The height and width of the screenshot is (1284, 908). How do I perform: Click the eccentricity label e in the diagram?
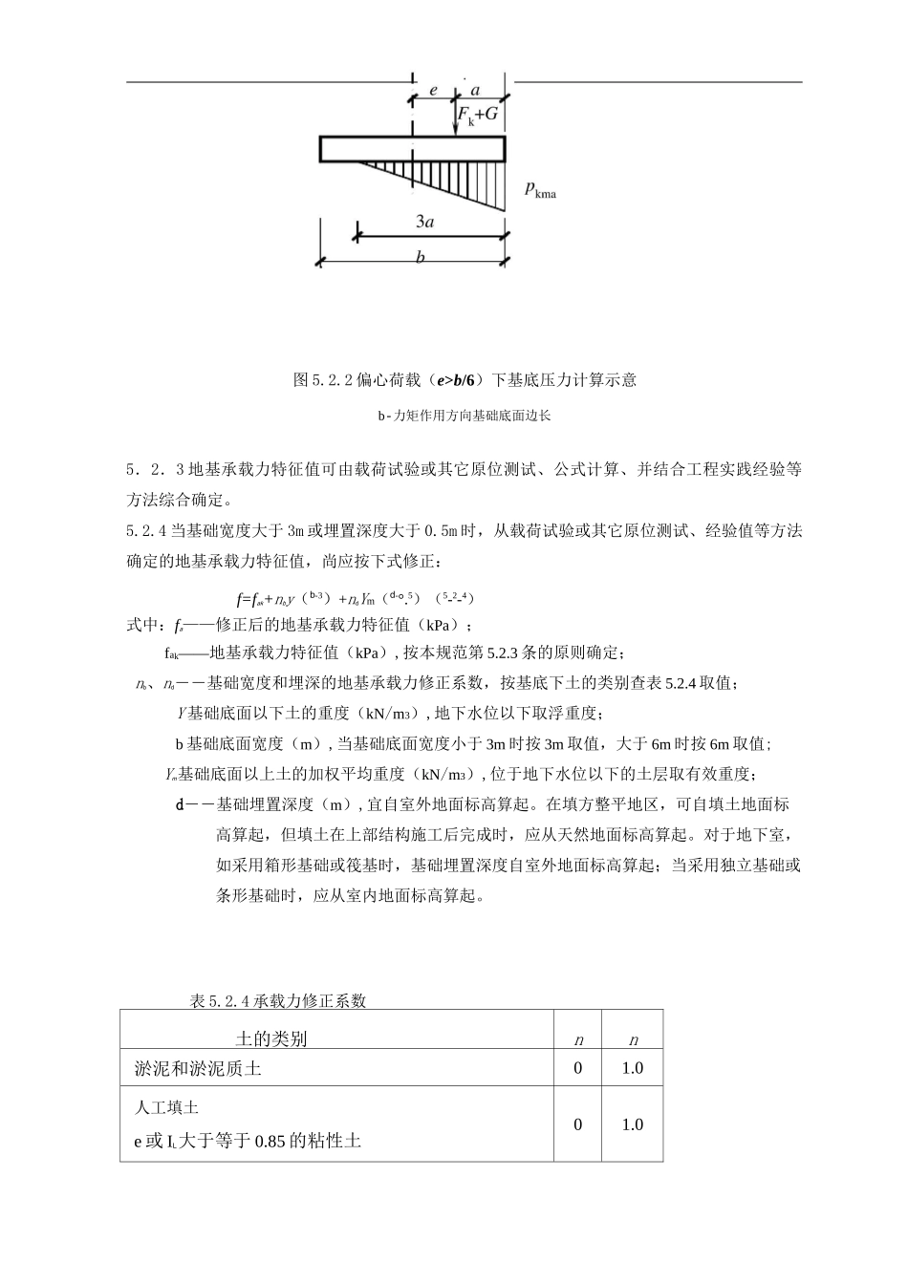433,90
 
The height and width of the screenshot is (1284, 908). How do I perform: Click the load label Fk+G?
478,115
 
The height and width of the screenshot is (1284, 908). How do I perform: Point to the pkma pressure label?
540,190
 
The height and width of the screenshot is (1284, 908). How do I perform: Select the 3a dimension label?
427,222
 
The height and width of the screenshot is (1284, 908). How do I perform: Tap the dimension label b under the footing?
420,257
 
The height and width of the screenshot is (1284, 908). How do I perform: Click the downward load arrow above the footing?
457,119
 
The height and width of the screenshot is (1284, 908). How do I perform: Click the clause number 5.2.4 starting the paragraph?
146,531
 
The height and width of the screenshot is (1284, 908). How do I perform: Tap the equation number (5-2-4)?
454,598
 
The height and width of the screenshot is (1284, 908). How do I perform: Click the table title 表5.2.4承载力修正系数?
278,1000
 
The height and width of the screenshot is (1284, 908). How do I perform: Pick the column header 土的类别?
271,1039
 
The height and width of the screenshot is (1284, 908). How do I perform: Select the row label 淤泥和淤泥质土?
198,1069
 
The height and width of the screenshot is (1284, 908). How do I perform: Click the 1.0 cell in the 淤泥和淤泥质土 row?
632,1068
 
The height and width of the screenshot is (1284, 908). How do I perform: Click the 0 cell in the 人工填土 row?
577,1124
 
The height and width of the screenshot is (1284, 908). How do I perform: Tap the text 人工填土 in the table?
166,1107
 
